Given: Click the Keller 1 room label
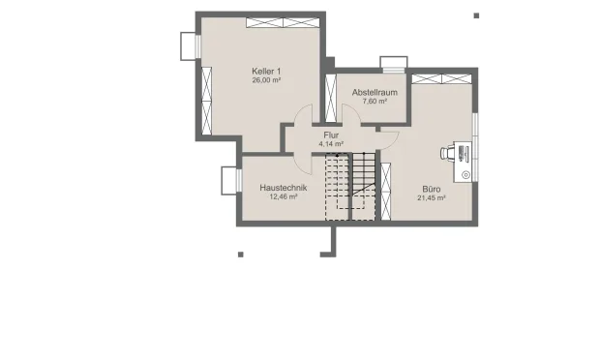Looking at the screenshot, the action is point(266,72).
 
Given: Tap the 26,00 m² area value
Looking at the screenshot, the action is point(266,80).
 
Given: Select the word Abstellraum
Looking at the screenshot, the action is point(375,92).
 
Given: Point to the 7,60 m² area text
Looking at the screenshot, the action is point(375,102).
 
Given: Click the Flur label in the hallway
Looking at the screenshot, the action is point(331,135).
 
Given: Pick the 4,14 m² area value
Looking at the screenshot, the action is point(331,144).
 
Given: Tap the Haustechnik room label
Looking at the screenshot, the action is point(284,188).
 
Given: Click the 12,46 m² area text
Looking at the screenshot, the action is point(284,197).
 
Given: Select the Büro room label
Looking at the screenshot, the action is point(432,189).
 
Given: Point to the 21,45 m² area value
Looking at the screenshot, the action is point(432,198).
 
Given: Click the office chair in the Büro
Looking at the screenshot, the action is point(446,153).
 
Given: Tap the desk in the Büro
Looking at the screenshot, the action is point(463,162).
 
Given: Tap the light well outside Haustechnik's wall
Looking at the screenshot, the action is point(228,181).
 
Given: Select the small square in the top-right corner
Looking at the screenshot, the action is point(476,15).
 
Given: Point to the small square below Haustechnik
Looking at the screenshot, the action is point(241,255).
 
